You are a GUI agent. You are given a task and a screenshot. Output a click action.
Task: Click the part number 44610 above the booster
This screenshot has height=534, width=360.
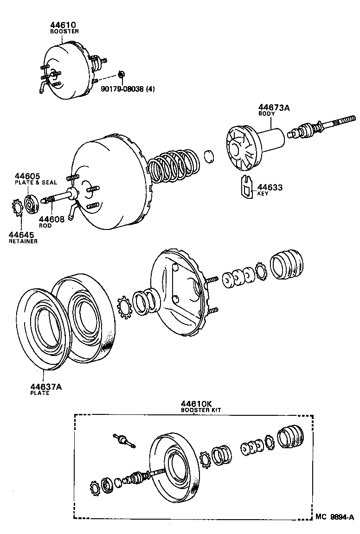point(64,25)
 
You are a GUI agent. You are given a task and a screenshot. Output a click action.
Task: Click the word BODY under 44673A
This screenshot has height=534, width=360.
point(266,114)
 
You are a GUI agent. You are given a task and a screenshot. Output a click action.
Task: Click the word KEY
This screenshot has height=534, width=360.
point(263,194)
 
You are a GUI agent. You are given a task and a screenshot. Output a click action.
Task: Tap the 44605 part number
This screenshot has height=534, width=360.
point(27,176)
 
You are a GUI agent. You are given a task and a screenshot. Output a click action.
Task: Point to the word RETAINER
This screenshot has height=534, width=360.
point(23,241)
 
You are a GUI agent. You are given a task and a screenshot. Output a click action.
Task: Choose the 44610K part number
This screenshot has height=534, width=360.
point(195,403)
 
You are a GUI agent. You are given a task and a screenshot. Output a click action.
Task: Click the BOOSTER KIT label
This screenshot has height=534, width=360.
point(201,410)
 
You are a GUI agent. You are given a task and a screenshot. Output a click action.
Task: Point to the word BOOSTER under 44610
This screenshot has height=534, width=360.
point(64,31)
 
